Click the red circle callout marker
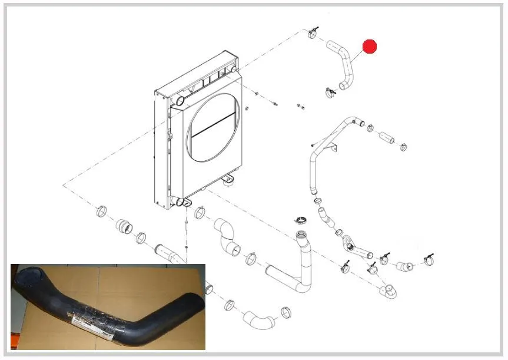(x=369, y=47)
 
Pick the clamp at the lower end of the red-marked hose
(x=330, y=92)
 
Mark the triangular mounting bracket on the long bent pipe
(x=333, y=147)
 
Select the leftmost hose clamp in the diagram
(x=101, y=210)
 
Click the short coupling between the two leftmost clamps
(x=124, y=225)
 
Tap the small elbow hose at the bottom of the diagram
(x=258, y=319)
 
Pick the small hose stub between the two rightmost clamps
(x=404, y=266)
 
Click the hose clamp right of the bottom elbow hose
(x=287, y=312)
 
